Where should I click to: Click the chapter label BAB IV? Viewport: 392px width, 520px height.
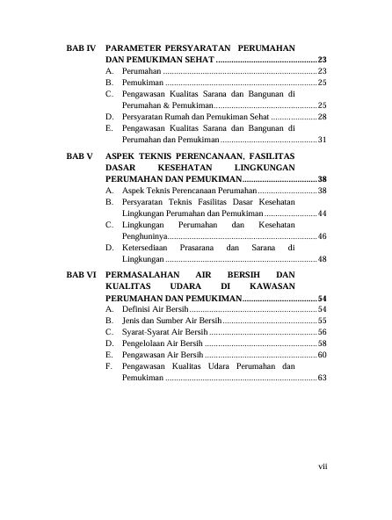pyautogui.click(x=81, y=45)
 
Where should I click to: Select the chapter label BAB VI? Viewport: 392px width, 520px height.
pyautogui.click(x=81, y=275)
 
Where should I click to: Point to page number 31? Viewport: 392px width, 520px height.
pyautogui.click(x=322, y=140)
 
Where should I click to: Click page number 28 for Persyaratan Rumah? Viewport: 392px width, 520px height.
pyautogui.click(x=322, y=116)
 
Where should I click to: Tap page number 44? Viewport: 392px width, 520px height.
pyautogui.click(x=322, y=213)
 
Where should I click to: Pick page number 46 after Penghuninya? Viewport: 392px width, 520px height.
pyautogui.click(x=322, y=237)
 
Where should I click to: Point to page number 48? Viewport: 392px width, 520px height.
pyautogui.click(x=322, y=260)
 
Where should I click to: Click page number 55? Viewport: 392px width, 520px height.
pyautogui.click(x=322, y=321)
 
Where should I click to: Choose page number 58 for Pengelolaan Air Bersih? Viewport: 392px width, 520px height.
pyautogui.click(x=322, y=344)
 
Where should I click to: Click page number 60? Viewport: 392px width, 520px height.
pyautogui.click(x=322, y=355)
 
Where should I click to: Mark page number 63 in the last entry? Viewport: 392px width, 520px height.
pyautogui.click(x=322, y=378)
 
